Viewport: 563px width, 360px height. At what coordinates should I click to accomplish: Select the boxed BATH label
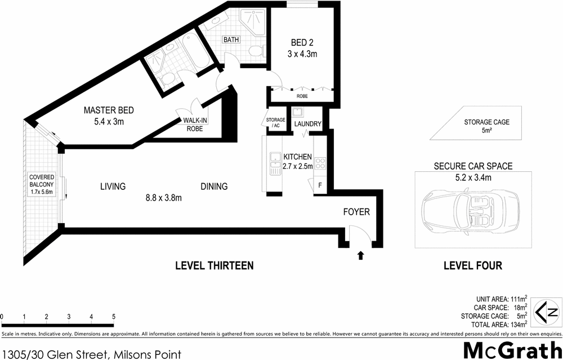click(231, 40)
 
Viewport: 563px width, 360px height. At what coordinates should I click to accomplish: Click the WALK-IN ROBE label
click(193, 124)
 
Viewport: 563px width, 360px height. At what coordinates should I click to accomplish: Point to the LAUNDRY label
click(307, 124)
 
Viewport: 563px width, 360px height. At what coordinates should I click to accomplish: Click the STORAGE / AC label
click(275, 122)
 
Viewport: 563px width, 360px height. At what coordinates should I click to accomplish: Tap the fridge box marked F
click(320, 185)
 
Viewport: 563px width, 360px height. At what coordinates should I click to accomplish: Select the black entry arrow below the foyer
click(361, 255)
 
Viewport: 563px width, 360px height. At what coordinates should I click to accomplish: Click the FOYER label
click(356, 212)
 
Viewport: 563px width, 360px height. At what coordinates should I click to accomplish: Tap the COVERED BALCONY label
click(42, 184)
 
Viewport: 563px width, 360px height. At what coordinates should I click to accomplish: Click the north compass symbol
click(547, 311)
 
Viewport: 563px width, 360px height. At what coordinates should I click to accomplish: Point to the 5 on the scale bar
click(114, 317)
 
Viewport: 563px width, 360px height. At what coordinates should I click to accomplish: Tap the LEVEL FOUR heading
click(472, 265)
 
